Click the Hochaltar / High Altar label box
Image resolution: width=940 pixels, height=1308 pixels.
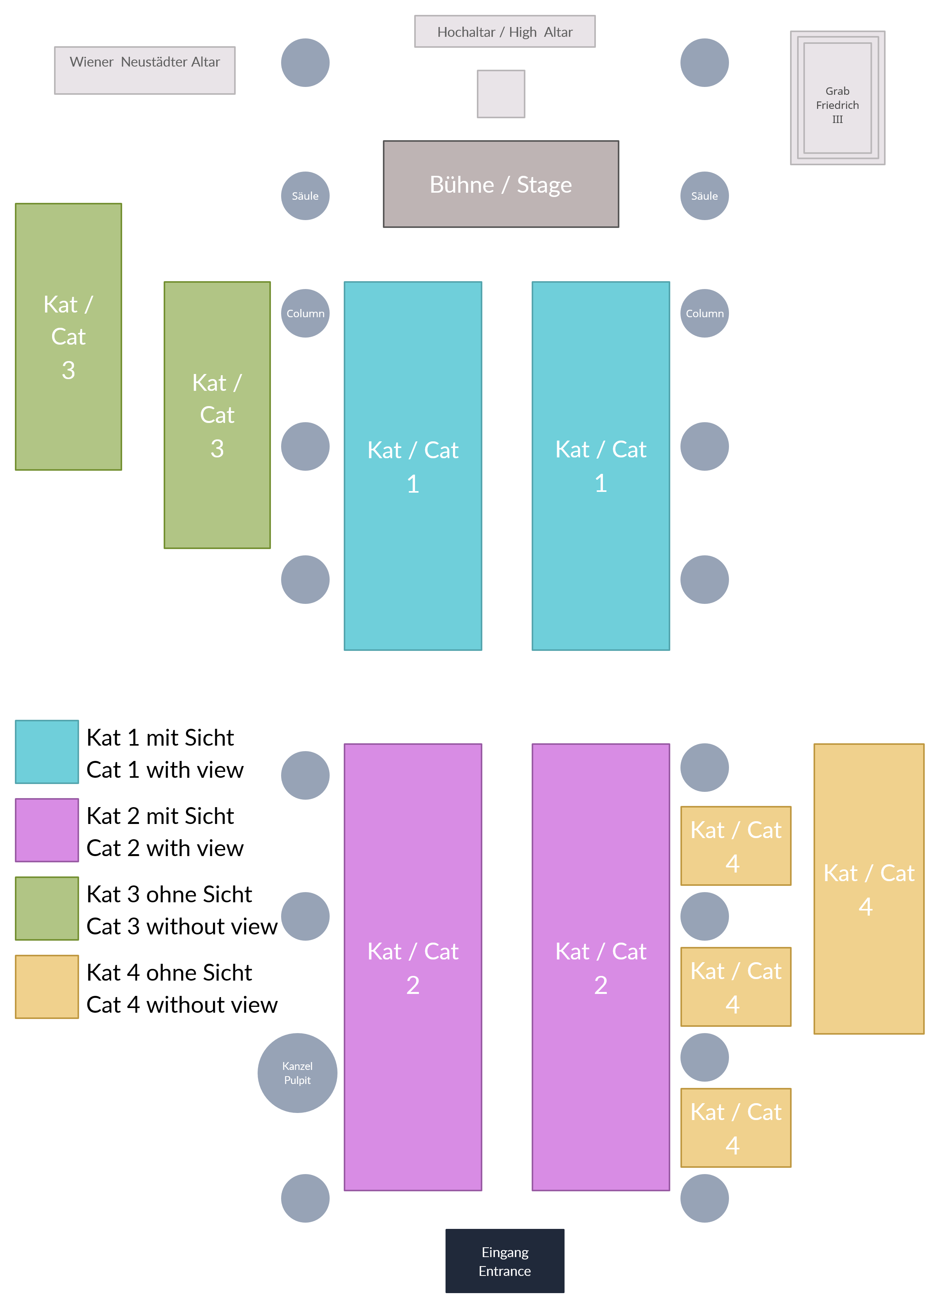point(505,32)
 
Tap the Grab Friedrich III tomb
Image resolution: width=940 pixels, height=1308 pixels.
point(837,98)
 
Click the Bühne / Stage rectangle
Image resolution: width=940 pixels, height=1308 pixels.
point(501,184)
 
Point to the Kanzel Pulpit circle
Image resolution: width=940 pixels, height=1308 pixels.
point(297,1073)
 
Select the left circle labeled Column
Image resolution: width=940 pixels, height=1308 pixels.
point(305,313)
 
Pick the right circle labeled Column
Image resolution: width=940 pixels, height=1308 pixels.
point(704,313)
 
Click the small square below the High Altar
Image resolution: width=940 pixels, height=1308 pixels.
point(501,94)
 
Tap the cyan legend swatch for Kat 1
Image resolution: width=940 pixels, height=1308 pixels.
point(47,752)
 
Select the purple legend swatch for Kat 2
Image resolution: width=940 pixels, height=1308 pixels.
point(47,830)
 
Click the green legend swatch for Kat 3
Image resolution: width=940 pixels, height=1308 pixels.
point(47,908)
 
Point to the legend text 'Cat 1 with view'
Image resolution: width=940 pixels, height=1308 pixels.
point(165,770)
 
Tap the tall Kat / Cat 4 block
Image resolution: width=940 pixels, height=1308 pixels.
point(868,888)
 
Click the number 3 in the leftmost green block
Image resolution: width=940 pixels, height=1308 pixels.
point(68,370)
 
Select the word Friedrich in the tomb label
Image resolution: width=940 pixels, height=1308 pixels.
point(837,105)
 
